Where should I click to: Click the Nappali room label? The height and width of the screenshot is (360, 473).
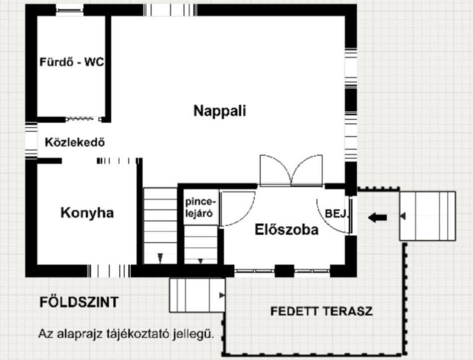point(219,110)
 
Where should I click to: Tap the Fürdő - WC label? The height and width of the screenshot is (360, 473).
point(72,62)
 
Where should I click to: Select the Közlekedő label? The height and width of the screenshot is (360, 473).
point(75,142)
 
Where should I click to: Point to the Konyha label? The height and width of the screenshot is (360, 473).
point(87,212)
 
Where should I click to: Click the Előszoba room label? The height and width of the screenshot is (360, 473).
point(286,229)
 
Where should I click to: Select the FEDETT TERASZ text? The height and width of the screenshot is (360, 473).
point(321,311)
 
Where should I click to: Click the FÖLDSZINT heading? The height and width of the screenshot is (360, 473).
point(79,302)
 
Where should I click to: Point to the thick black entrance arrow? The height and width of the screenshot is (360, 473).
point(377,217)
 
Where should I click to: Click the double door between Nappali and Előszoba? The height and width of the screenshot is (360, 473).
point(291,170)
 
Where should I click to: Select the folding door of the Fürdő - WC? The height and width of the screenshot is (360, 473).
point(83,119)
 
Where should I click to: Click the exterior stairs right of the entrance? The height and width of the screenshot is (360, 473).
point(427,216)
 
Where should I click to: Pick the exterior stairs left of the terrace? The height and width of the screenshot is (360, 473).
point(197,295)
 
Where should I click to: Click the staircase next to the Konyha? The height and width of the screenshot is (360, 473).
point(160,225)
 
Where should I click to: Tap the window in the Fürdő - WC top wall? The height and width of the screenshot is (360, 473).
point(69,10)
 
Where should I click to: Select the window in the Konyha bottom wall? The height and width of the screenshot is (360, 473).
point(109,270)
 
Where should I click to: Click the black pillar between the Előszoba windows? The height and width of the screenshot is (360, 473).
point(284,270)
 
